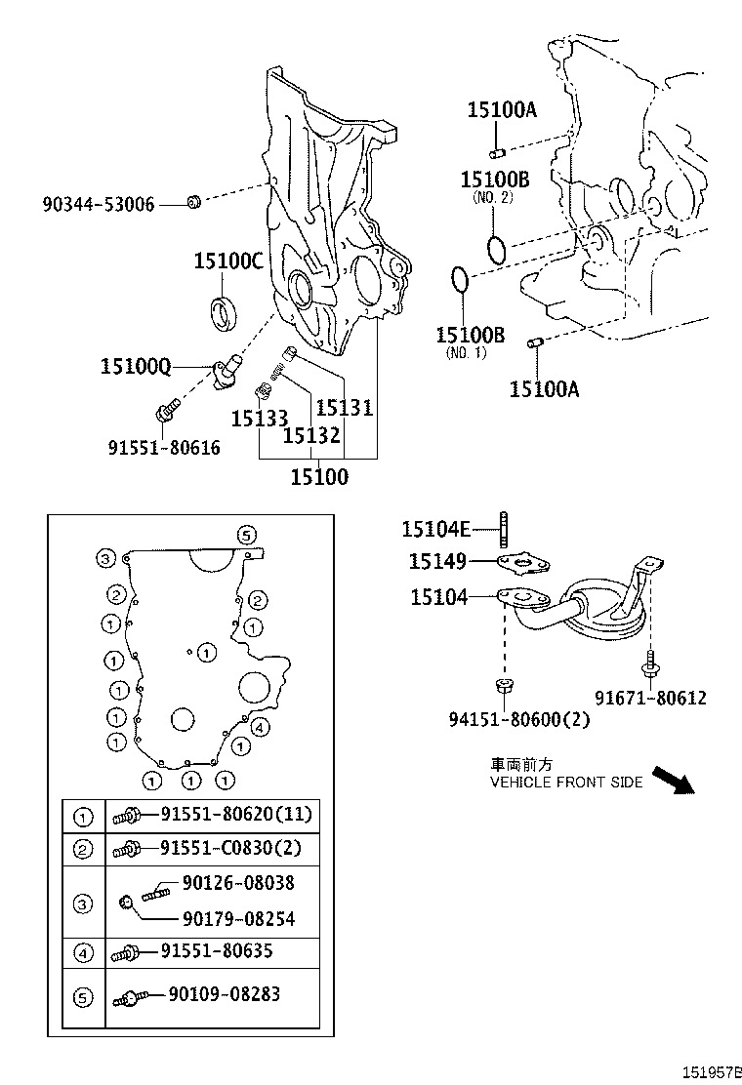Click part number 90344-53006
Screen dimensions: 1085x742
click(98, 205)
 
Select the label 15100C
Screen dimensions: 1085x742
click(227, 261)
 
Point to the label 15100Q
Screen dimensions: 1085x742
click(136, 367)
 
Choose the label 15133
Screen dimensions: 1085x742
click(259, 419)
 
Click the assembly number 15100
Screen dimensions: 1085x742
click(318, 477)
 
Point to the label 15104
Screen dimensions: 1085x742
click(438, 597)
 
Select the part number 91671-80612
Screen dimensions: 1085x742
click(650, 698)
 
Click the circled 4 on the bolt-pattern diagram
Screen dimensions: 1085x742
click(260, 727)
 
